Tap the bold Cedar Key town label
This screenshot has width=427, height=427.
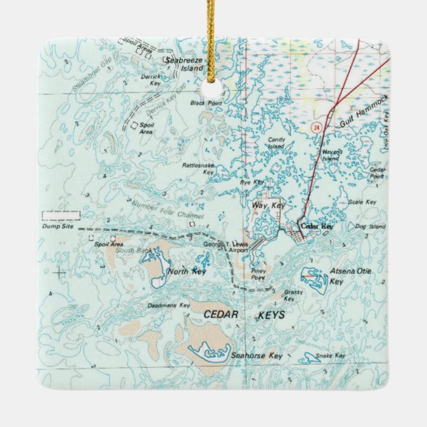coord(316,226)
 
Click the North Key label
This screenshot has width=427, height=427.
coord(187,272)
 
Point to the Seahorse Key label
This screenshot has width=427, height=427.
coord(256,356)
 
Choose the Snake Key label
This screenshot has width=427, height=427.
coord(330,356)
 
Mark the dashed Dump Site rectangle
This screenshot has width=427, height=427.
coord(60,215)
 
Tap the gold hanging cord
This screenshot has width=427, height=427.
coord(211,33)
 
